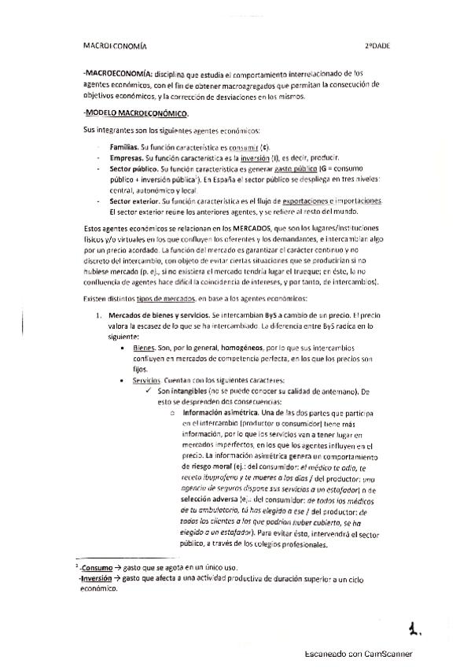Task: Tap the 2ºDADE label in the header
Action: (377, 46)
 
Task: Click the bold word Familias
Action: (125, 147)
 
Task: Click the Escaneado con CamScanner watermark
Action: (360, 654)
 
